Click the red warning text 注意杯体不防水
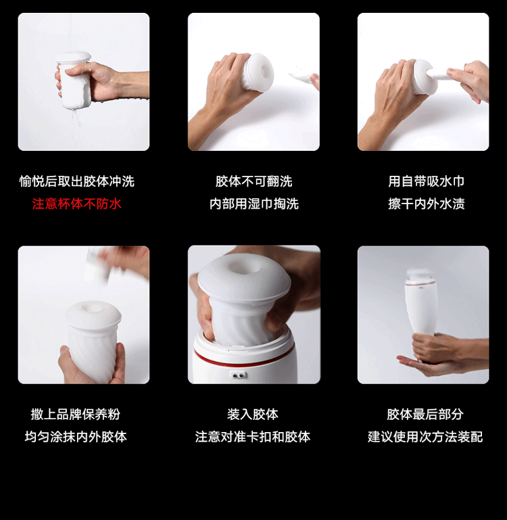pos(76,204)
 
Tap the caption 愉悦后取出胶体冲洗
pos(76,181)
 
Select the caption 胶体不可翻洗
pos(254,181)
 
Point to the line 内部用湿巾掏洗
pos(254,204)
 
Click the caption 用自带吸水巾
pos(426,181)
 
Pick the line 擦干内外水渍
pos(426,204)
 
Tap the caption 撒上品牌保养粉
pos(75,415)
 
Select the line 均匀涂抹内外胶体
pos(76,437)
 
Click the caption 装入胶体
pos(253,415)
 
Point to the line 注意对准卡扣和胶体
pos(253,437)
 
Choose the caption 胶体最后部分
pos(425,415)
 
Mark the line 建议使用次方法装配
pos(425,437)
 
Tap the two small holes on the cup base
pos(239,375)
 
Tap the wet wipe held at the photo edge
pos(304,78)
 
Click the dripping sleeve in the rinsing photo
pos(74,80)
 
